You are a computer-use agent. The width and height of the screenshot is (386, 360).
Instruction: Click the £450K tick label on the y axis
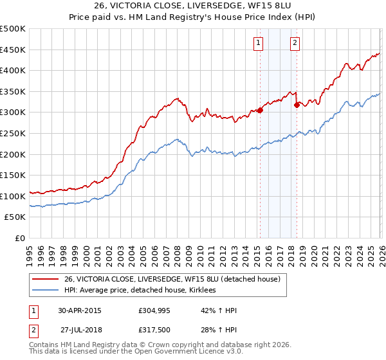tap(13, 50)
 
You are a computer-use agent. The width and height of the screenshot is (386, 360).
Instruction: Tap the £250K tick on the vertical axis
tap(13, 133)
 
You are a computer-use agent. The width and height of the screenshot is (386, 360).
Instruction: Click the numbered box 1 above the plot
tap(258, 43)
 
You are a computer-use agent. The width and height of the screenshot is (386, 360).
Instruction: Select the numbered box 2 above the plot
tap(295, 43)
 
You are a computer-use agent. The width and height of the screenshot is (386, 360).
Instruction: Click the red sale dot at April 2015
tap(260, 110)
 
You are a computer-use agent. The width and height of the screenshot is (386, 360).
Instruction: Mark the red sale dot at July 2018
tap(297, 105)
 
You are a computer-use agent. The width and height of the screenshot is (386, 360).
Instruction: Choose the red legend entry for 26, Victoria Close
tap(172, 280)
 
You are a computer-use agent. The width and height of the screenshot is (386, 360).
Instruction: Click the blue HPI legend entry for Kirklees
tap(140, 291)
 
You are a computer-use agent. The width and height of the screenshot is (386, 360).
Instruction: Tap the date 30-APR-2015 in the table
tap(80, 310)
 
